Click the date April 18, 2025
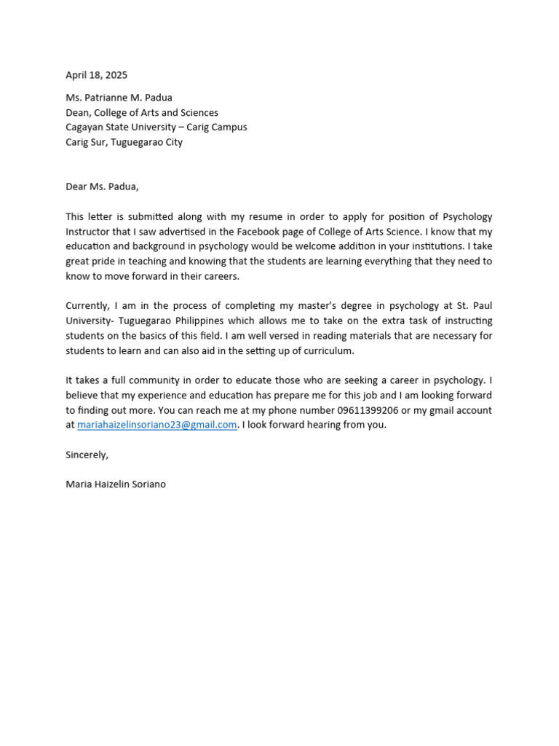[96, 75]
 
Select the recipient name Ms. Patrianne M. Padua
[119, 98]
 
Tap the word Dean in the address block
[79, 112]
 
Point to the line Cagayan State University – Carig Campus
[156, 127]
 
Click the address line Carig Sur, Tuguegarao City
[124, 142]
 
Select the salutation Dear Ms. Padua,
[102, 186]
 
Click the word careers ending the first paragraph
[221, 276]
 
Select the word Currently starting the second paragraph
[87, 306]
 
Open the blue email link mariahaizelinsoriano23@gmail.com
[157, 425]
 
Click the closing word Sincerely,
[87, 455]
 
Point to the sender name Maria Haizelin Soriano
[116, 484]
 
